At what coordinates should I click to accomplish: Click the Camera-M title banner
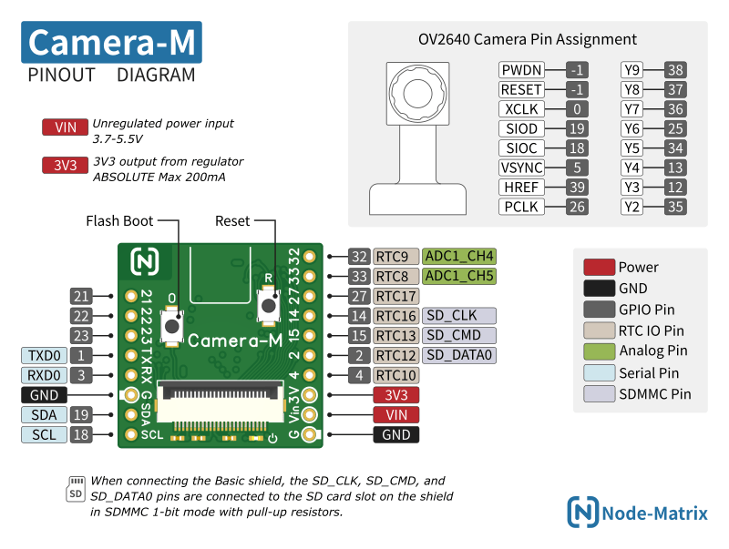pos(112,43)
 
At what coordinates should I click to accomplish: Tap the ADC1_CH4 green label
pos(459,256)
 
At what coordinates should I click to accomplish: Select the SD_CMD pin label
pos(459,335)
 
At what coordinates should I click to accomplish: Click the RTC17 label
pos(396,296)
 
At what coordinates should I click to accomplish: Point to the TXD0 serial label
pos(43,356)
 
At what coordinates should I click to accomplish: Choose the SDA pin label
pos(43,415)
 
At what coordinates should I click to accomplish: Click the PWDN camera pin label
pos(521,69)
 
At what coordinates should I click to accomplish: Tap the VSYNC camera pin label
pos(521,168)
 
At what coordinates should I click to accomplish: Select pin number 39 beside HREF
pos(576,187)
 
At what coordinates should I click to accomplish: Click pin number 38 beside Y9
pos(675,69)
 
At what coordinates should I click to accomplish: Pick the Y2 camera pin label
pos(632,207)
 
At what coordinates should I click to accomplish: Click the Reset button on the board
pos(268,304)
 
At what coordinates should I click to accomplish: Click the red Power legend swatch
pos(598,267)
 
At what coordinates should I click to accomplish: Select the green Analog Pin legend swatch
pos(598,351)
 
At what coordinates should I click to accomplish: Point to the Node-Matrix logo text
pos(654,513)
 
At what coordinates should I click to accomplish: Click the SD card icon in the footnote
pos(77,489)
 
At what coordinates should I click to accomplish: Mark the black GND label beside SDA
pos(43,395)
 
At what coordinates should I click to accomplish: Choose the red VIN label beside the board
pos(395,415)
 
